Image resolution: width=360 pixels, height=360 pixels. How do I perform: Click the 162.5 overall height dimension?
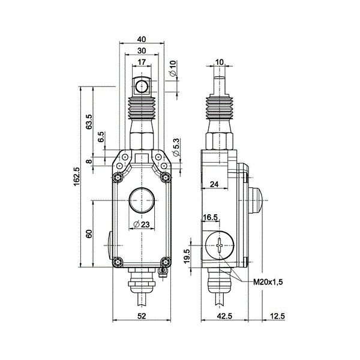pyautogui.click(x=77, y=178)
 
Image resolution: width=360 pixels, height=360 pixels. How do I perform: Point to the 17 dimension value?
pyautogui.click(x=142, y=62)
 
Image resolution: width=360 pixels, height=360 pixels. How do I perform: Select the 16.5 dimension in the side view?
pyautogui.click(x=211, y=217)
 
